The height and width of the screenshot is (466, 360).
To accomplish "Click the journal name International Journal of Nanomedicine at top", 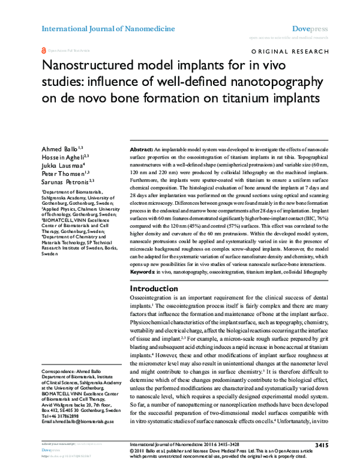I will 108,28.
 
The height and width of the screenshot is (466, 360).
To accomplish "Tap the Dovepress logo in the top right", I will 310,28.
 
